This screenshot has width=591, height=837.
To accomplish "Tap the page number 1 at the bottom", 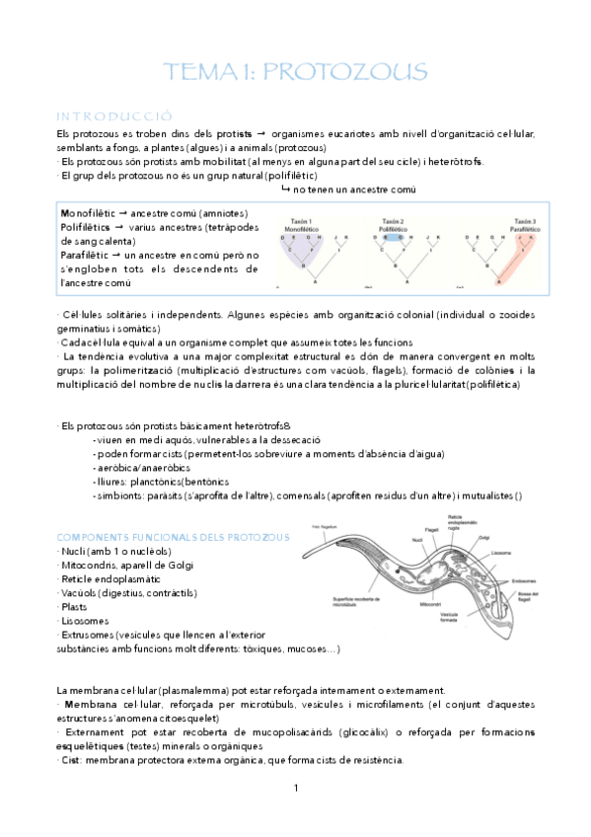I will (296, 787).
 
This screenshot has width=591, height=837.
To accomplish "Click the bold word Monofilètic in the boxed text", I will (87, 213).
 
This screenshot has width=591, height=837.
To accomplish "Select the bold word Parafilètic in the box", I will (87, 255).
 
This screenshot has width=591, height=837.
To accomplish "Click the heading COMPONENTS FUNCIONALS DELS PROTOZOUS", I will (174, 536).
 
